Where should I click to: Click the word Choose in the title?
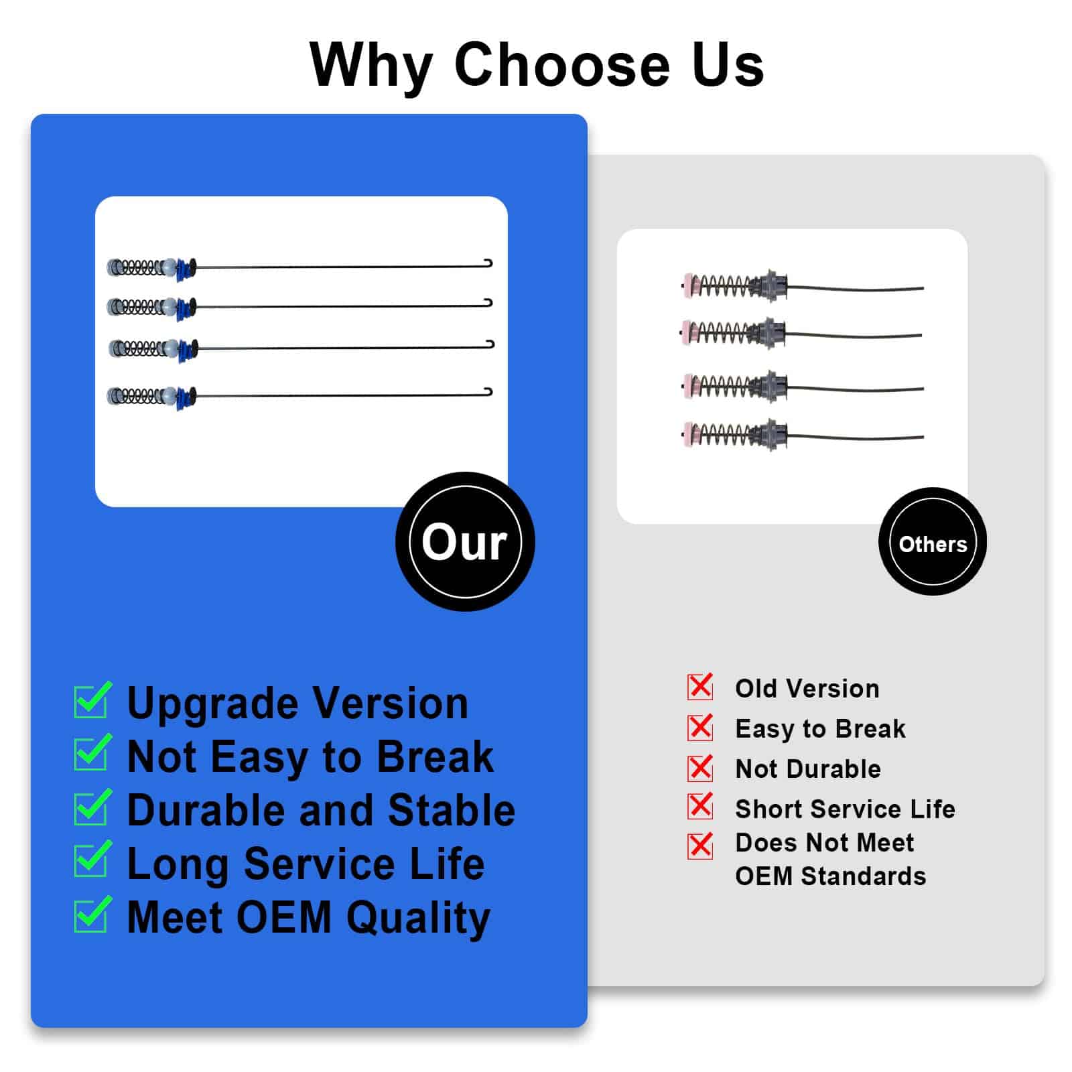(561, 65)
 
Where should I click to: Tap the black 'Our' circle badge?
(465, 541)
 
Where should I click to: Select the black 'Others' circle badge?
(933, 541)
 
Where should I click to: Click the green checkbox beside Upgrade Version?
(92, 700)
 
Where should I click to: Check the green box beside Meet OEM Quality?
(92, 914)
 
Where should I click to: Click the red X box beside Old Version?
(700, 687)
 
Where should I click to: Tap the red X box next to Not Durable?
(700, 768)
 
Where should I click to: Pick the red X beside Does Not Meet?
(700, 846)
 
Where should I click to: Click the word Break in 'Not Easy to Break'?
(435, 756)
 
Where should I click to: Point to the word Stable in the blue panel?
(452, 810)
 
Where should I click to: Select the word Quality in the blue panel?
(419, 919)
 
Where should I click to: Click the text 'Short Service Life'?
(845, 809)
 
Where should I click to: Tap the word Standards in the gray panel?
(864, 876)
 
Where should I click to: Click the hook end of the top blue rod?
(488, 263)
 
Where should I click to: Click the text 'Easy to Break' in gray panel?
(820, 729)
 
